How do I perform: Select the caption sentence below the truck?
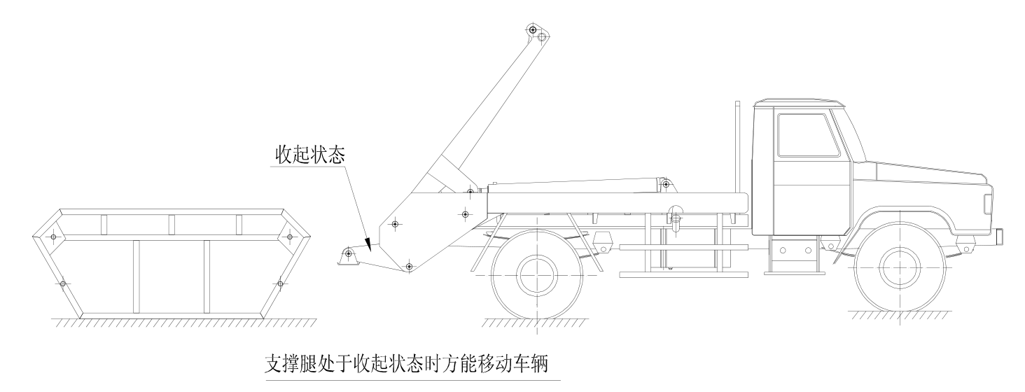(412, 365)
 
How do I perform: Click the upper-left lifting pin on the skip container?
(53, 237)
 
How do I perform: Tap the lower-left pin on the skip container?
(63, 283)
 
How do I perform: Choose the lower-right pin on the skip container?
(280, 283)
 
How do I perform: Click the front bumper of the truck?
(999, 238)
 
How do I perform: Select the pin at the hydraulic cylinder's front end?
(666, 185)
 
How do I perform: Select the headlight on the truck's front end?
(988, 203)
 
